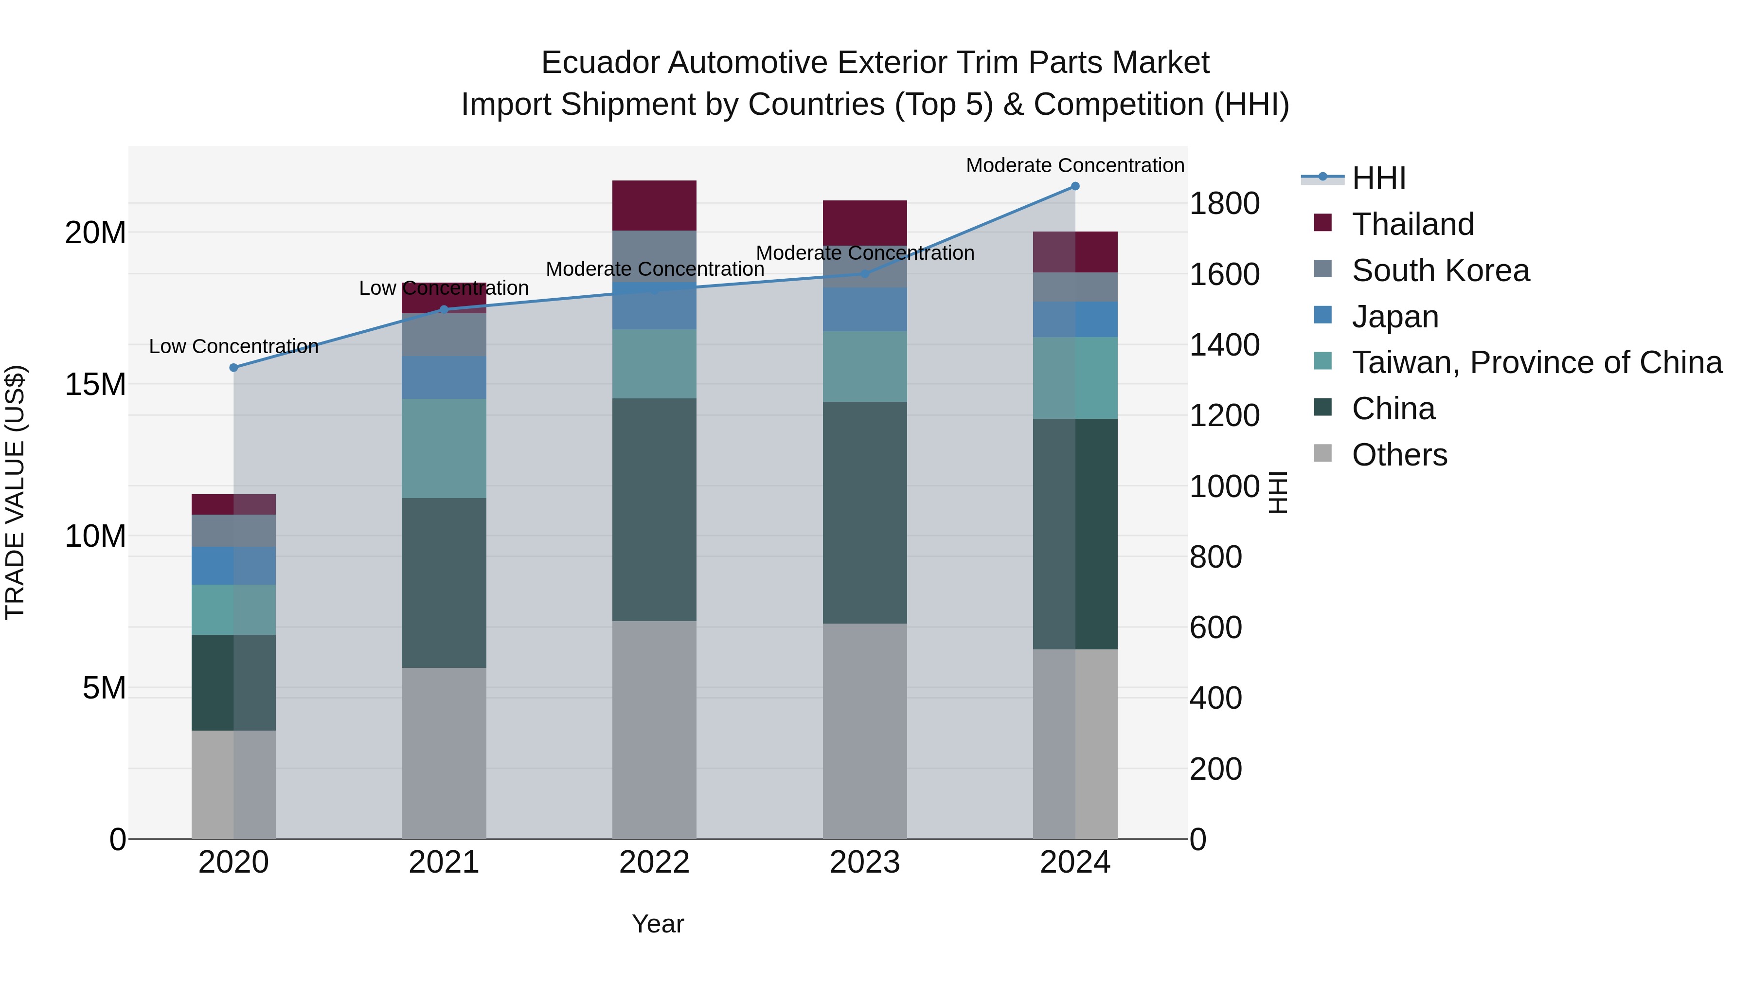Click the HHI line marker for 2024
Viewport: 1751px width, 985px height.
click(1074, 186)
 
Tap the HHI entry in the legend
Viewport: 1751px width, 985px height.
click(1378, 178)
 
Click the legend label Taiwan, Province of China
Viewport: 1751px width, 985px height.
click(1536, 362)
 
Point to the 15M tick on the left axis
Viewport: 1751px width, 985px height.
click(95, 385)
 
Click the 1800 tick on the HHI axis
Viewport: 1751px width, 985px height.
click(1224, 203)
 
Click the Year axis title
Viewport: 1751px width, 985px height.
click(657, 924)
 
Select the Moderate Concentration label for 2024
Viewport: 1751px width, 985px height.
click(1074, 165)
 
